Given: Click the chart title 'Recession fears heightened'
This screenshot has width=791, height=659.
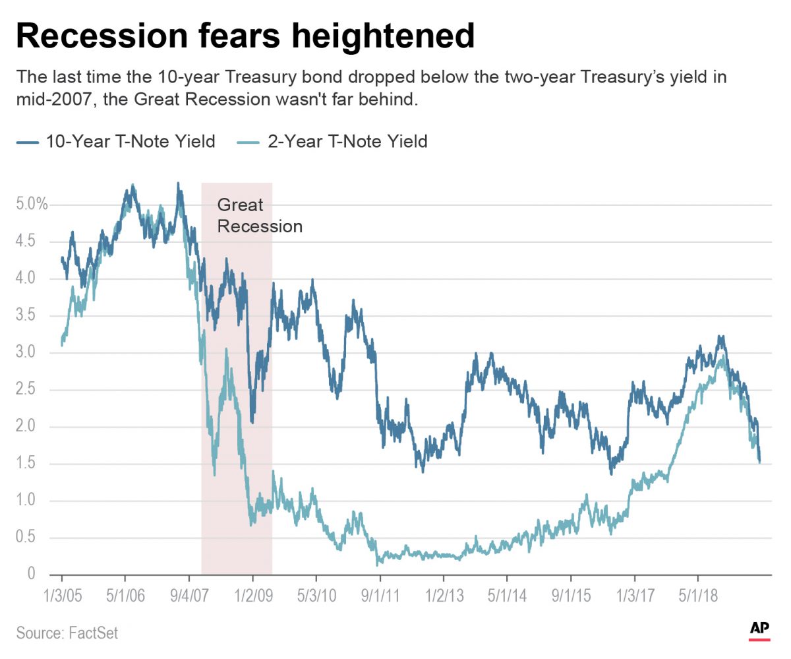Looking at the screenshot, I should (245, 36).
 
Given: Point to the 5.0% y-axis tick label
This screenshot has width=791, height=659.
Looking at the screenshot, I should (32, 204).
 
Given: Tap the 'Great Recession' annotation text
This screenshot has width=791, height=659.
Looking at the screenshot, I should (260, 216).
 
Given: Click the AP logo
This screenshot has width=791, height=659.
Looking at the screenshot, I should (759, 630).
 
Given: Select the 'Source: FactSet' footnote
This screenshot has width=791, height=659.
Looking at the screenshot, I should (67, 633).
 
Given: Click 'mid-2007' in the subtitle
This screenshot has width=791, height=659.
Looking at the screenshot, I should (51, 100).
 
